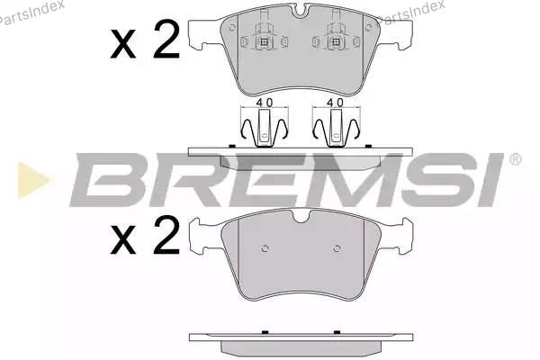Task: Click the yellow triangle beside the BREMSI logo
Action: pos(32,180)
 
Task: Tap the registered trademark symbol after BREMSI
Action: pos(515,159)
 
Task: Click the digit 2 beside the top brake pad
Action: pos(166,40)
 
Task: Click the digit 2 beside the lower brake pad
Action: pos(166,235)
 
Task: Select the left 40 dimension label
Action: pos(265,103)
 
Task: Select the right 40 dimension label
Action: pos(336,103)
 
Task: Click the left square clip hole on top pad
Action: pos(264,42)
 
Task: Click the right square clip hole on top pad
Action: pos(336,42)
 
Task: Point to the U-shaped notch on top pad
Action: pos(301,11)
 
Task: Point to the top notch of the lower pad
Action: pos(301,216)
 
